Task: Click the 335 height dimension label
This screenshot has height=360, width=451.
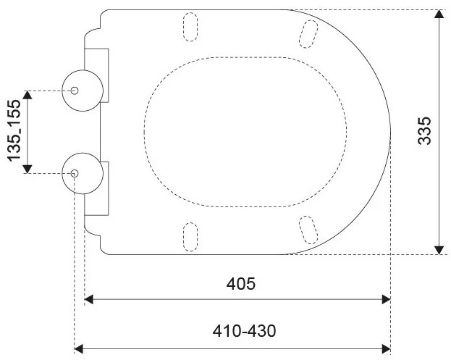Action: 425,130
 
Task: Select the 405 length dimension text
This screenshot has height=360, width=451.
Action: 241,284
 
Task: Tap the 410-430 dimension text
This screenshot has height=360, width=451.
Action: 244,331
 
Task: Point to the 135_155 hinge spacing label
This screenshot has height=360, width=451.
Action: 14,130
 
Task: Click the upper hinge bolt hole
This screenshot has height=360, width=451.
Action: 75,91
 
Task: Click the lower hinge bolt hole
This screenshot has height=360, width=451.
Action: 75,174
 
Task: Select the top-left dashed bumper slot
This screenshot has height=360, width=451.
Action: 190,27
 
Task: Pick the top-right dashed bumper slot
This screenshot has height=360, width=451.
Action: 308,34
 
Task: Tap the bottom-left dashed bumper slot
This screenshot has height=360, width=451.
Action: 190,237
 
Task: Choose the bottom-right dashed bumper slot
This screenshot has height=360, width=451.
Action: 308,230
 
